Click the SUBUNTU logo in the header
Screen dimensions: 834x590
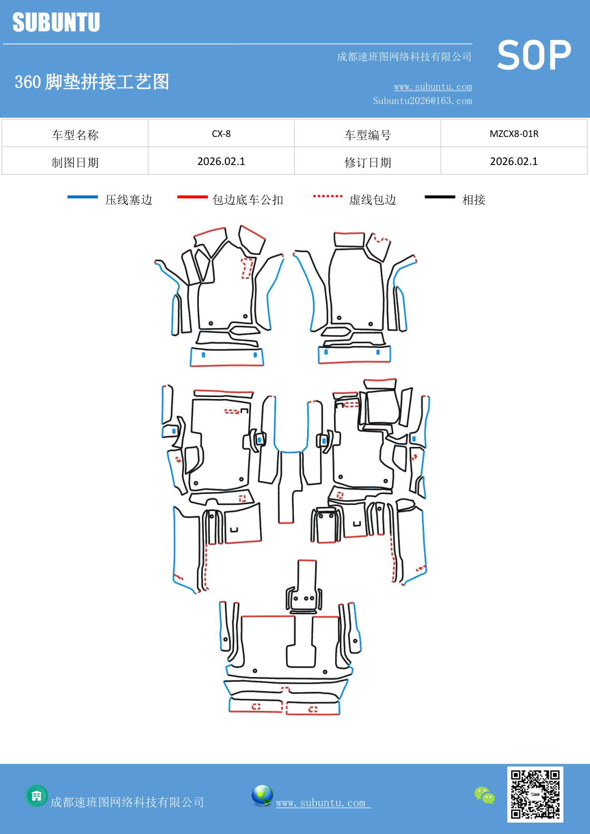56,22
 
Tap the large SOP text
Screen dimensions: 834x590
534,55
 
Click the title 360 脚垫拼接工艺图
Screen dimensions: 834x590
92,82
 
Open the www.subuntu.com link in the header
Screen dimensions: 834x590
433,87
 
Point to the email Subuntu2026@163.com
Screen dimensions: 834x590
422,101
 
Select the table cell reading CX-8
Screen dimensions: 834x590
221,134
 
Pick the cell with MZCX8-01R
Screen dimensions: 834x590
514,134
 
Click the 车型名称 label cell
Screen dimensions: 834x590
75,135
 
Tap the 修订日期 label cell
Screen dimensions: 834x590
368,163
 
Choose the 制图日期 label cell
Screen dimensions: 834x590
75,163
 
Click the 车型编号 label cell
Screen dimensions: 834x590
368,135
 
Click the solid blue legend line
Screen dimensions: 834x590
83,197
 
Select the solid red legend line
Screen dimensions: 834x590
192,197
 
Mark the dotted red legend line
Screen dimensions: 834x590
328,196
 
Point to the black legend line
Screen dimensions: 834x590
440,197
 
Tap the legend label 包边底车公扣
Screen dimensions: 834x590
248,200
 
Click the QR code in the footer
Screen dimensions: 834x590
535,794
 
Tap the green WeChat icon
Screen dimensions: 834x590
484,795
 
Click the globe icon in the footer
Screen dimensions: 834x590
262,795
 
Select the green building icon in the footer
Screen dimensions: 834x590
37,795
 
